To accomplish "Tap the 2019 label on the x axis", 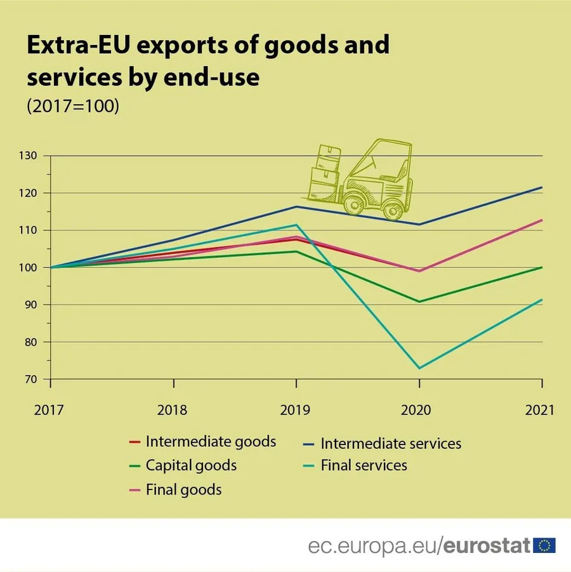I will click(x=296, y=410).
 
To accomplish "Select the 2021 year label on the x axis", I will click(x=539, y=410).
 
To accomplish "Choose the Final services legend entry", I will click(x=364, y=465).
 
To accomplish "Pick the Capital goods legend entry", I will click(x=191, y=465).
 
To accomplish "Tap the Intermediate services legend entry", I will click(x=391, y=442).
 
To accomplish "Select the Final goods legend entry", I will click(x=183, y=489).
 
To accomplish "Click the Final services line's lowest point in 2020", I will click(x=419, y=368).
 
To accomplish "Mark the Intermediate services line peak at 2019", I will click(x=296, y=206).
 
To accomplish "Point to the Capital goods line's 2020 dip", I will click(x=419, y=302).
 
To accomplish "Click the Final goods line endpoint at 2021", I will click(x=542, y=220).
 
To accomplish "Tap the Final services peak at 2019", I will click(x=296, y=225).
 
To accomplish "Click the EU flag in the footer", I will click(x=544, y=545).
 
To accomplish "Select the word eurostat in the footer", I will click(x=487, y=545).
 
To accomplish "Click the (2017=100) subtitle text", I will click(x=72, y=106).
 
